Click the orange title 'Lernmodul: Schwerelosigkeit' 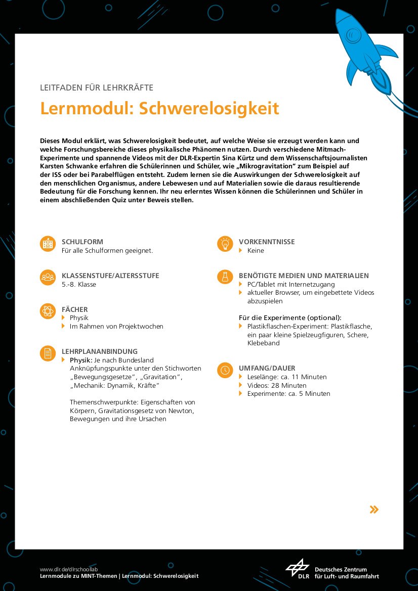(x=159, y=108)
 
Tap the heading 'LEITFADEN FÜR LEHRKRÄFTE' (x=97, y=87)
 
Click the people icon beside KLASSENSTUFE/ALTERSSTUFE (x=48, y=277)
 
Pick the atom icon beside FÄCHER (x=48, y=310)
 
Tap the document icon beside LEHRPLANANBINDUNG (x=48, y=353)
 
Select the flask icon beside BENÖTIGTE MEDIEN (x=224, y=277)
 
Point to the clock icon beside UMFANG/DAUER (x=224, y=370)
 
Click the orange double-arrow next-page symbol (x=374, y=509)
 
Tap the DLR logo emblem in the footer (x=298, y=569)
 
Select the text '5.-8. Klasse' (x=79, y=285)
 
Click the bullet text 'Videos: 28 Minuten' (x=277, y=385)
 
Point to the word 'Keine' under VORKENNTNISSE (x=256, y=251)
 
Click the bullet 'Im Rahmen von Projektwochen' (x=116, y=327)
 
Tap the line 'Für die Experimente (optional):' (x=290, y=318)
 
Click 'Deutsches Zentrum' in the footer (x=341, y=569)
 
